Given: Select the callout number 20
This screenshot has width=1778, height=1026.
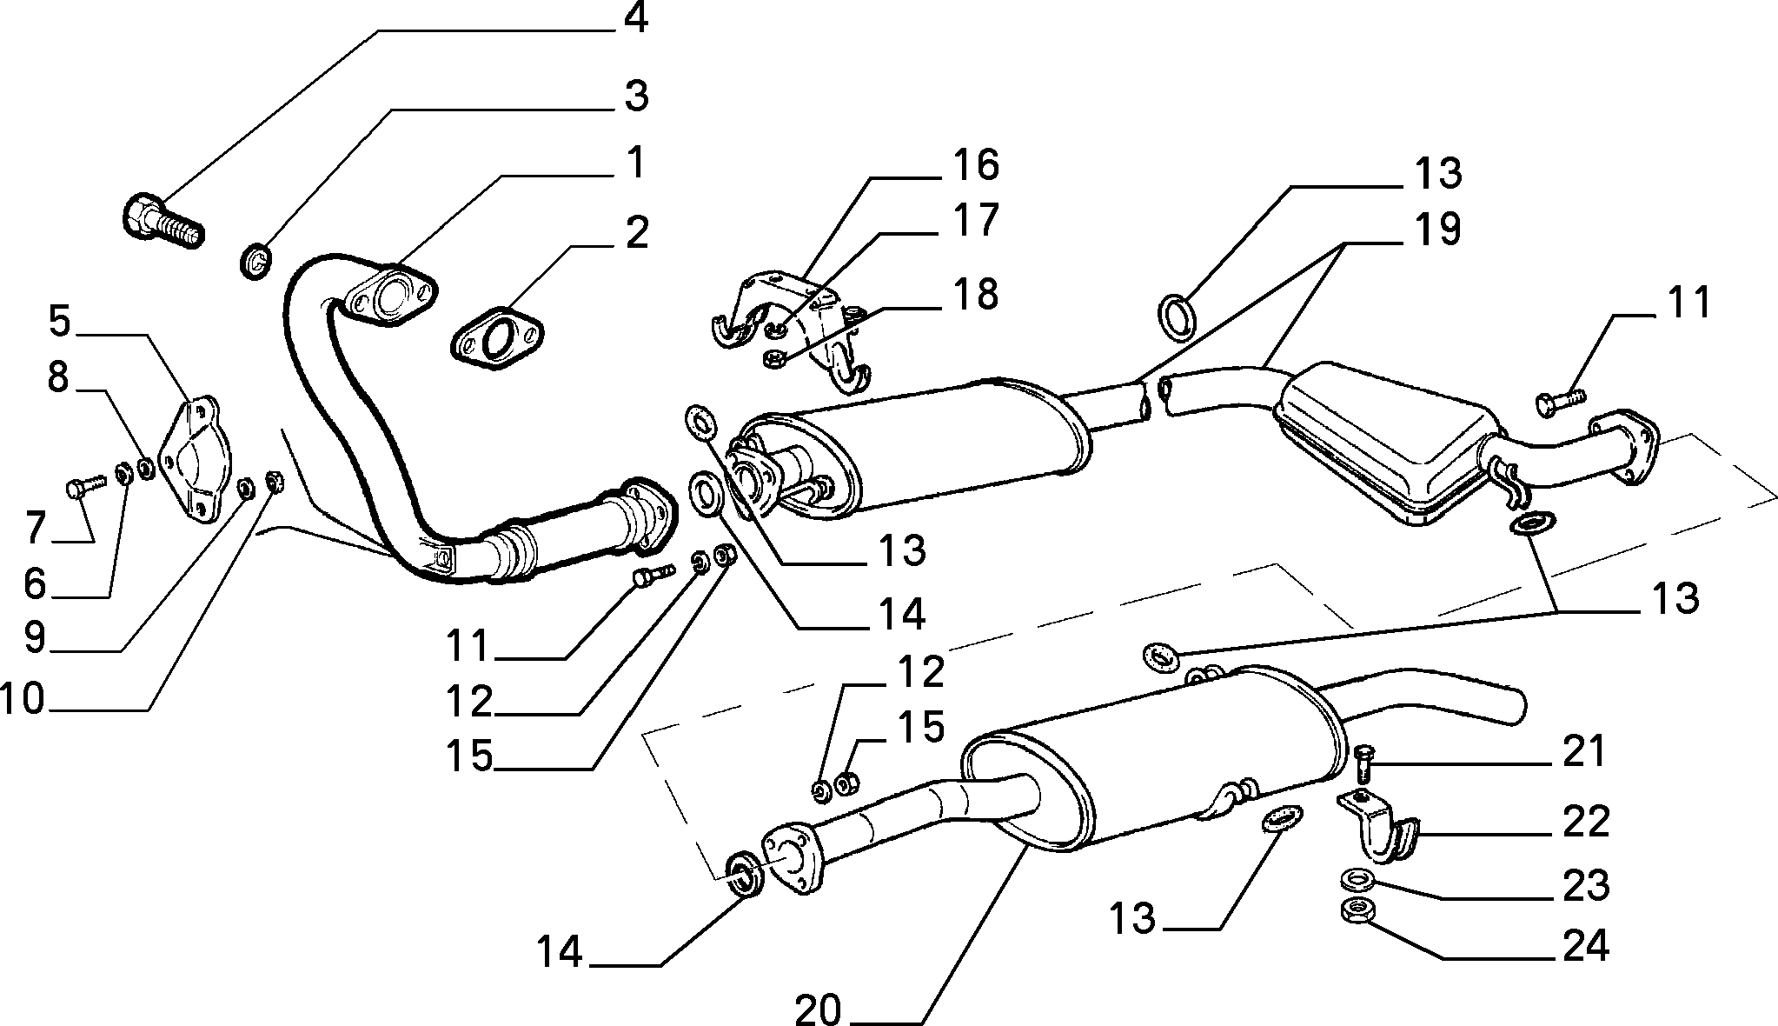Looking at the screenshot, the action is coord(819,1009).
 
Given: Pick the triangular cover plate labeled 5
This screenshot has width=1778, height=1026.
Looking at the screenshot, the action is coord(197,460).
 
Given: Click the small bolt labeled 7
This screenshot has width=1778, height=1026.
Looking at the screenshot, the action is coord(83,486).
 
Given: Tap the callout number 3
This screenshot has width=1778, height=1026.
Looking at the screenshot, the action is coord(636,96).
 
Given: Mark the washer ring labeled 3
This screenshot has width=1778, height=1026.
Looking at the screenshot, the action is coord(255,260).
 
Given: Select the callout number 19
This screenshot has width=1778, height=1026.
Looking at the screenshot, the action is coord(1436,229).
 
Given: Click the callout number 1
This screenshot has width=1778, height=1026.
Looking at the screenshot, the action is coord(636,163).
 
